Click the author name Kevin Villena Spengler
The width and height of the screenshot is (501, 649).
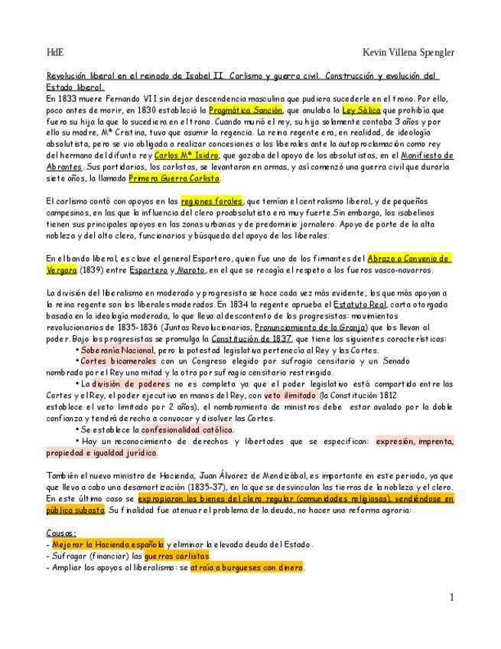point(408,52)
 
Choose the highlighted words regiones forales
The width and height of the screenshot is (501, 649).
point(211,201)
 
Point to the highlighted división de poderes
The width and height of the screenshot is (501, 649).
point(127,383)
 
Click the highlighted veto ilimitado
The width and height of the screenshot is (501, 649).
point(291,395)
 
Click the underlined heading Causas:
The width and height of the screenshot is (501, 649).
point(61,533)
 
